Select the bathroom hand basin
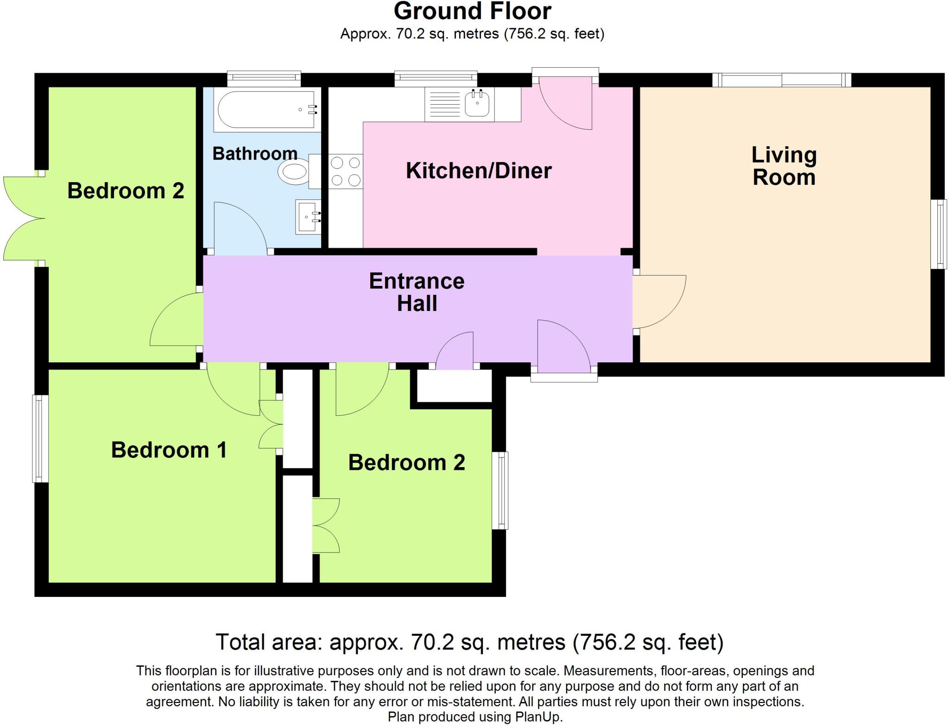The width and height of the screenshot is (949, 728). (308, 217)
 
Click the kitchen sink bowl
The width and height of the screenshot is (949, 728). (477, 103)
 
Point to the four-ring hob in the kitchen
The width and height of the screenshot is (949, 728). (346, 171)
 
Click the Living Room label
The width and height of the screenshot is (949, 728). (784, 166)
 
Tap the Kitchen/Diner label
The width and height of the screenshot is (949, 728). (479, 171)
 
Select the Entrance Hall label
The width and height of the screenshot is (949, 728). (417, 292)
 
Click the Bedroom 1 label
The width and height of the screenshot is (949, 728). (169, 450)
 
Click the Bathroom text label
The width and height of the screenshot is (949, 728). (255, 153)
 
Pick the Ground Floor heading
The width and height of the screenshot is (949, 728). (472, 11)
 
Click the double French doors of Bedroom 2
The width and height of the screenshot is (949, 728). (23, 218)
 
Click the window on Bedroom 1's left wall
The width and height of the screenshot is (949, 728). (40, 438)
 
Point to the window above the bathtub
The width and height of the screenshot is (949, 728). (264, 78)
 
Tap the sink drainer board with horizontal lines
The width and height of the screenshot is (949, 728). (444, 105)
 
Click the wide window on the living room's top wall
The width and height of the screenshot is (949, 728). (782, 80)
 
